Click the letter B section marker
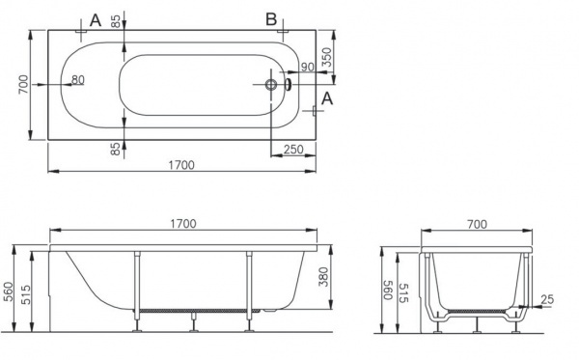(271, 19)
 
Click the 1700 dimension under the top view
(181, 165)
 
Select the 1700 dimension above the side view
(183, 224)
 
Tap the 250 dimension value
(293, 150)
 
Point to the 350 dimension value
(327, 57)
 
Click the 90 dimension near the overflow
(308, 67)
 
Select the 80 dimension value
(78, 79)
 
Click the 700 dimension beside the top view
(23, 84)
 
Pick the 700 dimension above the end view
(477, 224)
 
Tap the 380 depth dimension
(323, 277)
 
